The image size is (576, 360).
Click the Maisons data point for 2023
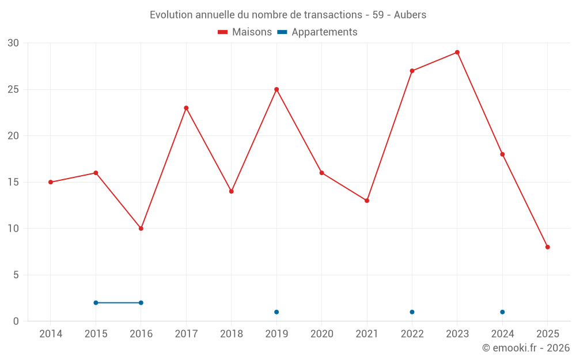[x=457, y=52]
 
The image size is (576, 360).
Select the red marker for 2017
[x=186, y=108]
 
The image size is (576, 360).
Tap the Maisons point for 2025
[x=548, y=247]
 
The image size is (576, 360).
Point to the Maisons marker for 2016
[x=141, y=229]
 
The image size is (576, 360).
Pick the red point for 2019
[x=276, y=89]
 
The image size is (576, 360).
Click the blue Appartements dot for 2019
[x=276, y=312]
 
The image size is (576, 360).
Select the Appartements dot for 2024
[x=502, y=312]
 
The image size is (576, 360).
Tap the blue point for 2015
[x=96, y=303]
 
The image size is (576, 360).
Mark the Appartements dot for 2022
[x=412, y=312]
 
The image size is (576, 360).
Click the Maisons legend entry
[x=245, y=32]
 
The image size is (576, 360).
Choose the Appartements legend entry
[x=317, y=32]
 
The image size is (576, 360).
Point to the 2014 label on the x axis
[x=51, y=334]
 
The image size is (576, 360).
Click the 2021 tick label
[x=367, y=334]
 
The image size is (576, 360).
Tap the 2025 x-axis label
[x=548, y=334]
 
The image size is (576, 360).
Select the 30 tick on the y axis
[x=13, y=43]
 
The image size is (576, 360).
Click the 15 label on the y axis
[x=13, y=183]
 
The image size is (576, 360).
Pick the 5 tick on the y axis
[x=16, y=275]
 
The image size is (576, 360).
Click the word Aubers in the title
[x=410, y=15]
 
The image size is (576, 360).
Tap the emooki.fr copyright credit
[x=526, y=348]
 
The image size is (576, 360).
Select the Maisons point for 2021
[x=367, y=200]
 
